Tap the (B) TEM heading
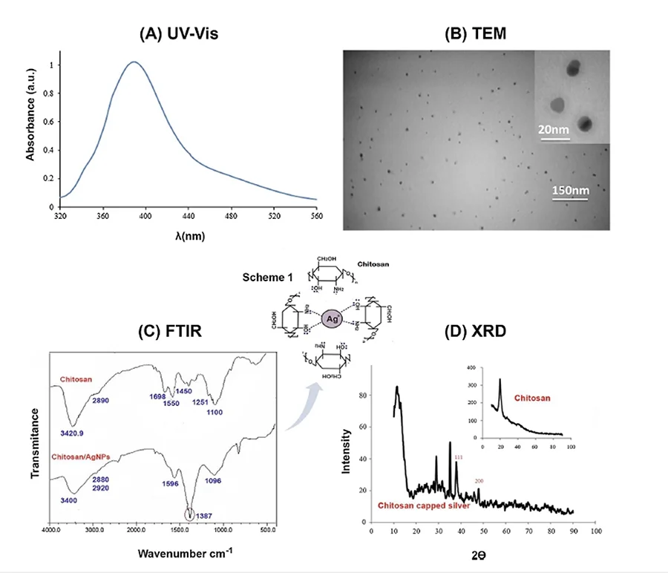(x=478, y=34)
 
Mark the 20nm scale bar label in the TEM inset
(x=553, y=129)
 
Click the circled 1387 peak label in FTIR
(x=191, y=514)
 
